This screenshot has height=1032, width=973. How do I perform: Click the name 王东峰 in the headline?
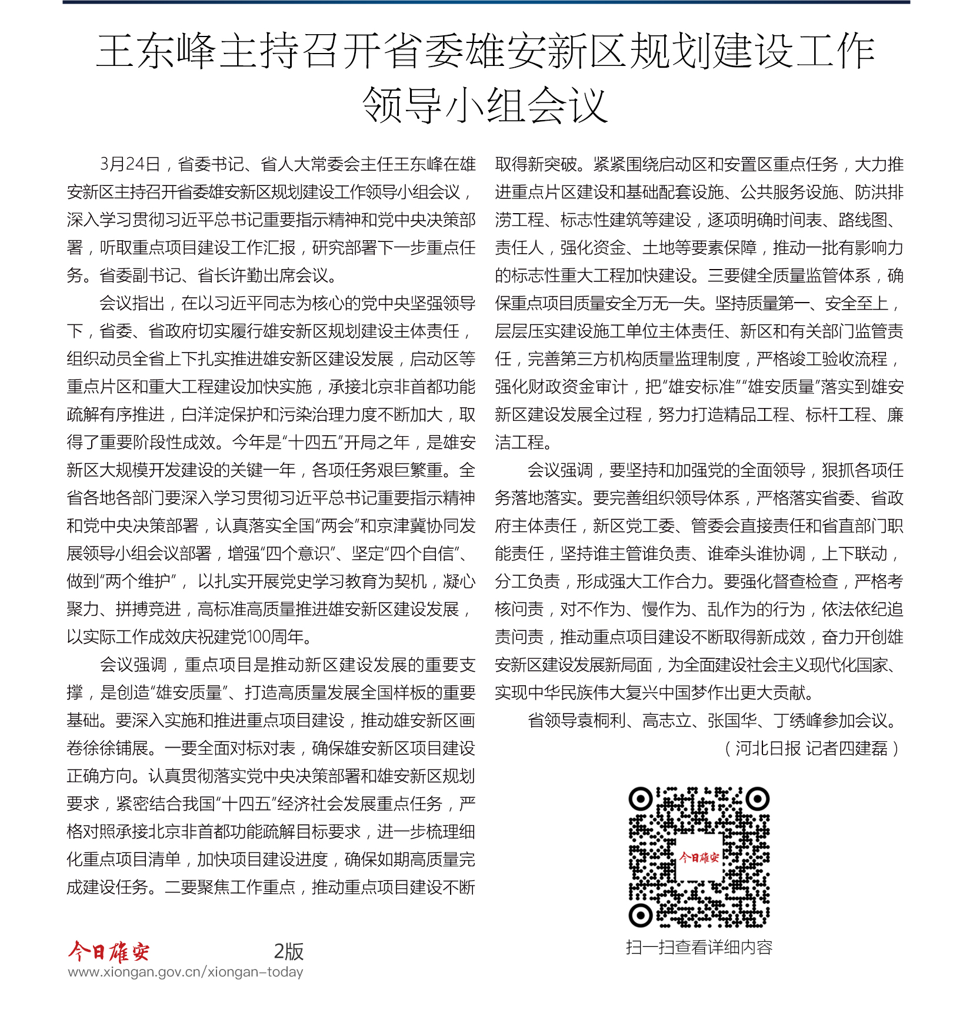pos(156,52)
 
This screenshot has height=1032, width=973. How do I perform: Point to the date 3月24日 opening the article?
pos(130,164)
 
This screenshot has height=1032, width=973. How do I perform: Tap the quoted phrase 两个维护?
pos(138,582)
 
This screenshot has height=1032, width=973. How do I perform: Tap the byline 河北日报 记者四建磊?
pos(812,748)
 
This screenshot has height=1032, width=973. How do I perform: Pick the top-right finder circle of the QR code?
pos(758,799)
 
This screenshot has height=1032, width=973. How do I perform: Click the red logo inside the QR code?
pos(699,858)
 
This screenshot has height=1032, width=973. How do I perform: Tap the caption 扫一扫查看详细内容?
pos(699,947)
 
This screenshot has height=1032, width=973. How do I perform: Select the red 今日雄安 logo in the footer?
pos(109,951)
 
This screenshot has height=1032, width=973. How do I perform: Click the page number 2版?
pos(288,951)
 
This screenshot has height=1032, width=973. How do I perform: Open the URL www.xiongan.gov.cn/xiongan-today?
pos(185,972)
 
